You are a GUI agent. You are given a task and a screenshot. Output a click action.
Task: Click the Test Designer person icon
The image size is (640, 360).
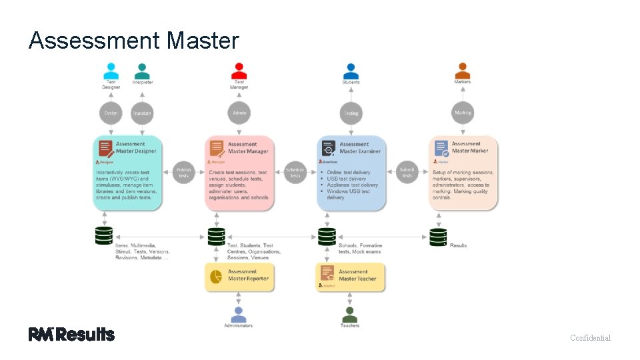point(111,71)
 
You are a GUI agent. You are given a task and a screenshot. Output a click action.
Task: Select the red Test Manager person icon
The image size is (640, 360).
point(239,71)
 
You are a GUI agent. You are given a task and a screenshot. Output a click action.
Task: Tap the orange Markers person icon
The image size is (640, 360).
point(463,71)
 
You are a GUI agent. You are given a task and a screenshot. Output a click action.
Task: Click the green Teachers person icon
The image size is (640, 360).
point(349,313)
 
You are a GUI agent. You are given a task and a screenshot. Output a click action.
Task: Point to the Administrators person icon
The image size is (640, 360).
point(238,313)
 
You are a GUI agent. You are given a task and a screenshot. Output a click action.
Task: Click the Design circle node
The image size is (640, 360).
point(111,113)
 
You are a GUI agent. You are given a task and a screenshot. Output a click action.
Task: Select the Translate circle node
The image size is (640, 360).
point(142,113)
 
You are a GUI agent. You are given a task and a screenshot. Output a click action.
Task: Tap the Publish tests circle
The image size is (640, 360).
point(183,172)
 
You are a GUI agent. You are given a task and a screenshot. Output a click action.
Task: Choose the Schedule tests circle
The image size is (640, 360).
point(295,172)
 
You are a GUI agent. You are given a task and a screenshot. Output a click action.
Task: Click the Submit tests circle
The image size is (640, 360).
point(407,172)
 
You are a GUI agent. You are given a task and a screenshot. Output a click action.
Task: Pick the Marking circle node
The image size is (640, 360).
point(463,113)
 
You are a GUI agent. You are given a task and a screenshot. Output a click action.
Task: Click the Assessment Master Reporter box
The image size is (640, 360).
point(238,277)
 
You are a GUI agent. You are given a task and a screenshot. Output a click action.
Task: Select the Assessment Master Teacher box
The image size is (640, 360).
point(350,277)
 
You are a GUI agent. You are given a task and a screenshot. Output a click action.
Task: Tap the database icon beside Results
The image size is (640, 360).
point(438,237)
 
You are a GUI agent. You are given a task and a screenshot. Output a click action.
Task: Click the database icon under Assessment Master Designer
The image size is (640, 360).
point(103,237)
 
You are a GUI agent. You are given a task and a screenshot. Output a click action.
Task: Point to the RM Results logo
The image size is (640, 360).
point(71,335)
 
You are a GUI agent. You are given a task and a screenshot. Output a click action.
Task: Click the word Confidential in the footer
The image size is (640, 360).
point(590,338)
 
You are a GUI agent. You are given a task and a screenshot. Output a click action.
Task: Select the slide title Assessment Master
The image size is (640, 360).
point(133,41)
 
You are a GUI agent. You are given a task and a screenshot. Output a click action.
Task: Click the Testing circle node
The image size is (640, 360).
point(351,113)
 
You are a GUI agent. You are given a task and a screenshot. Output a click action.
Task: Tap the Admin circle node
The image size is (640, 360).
point(239,113)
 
